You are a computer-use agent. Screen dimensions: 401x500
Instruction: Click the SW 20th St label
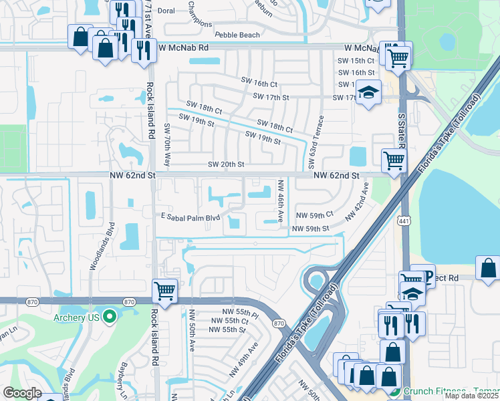point(226,164)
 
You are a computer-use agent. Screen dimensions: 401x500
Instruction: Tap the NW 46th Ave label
point(281,200)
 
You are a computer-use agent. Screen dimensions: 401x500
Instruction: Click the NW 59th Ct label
point(314,216)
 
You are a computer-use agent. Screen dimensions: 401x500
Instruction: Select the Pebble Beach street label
point(237,35)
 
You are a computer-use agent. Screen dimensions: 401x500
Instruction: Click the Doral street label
point(167,11)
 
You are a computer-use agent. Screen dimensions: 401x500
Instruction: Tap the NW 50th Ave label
point(192,329)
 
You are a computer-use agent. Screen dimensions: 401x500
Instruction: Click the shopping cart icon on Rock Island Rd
point(164,291)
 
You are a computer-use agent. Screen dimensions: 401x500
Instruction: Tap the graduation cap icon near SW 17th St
point(368,92)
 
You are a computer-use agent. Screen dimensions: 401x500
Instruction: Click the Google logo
point(22,393)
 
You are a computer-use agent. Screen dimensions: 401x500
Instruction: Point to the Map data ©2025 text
point(472,396)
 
